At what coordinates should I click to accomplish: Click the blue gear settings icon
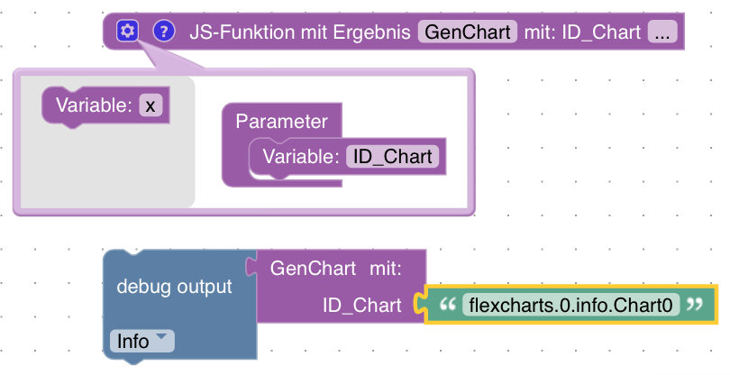tap(127, 32)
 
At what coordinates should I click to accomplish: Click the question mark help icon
tap(162, 32)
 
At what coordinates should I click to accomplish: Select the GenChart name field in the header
tap(467, 32)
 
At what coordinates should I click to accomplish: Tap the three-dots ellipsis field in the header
tap(662, 32)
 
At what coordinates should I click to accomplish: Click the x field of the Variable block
tap(151, 105)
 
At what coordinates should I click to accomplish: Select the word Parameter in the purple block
tap(281, 121)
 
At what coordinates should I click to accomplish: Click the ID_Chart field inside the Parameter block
tap(391, 156)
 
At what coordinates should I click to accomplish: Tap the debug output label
tap(175, 287)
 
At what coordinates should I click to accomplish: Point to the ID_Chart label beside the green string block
tap(362, 306)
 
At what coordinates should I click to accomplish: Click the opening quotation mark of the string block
tap(444, 306)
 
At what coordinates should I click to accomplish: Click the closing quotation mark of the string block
tap(694, 306)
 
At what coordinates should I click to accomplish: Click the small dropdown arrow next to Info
tap(161, 337)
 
